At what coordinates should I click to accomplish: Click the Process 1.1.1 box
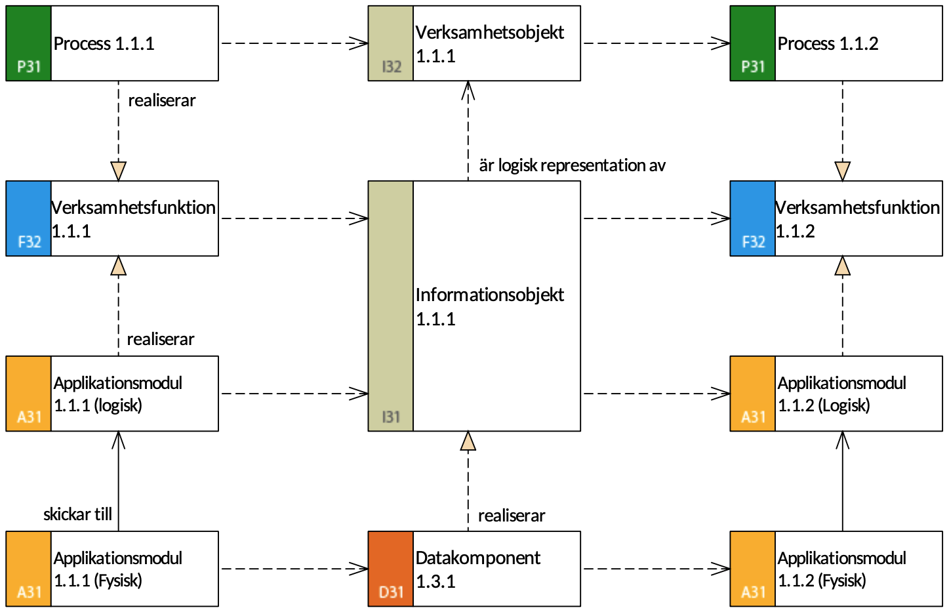[x=112, y=43]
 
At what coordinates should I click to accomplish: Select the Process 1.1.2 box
[x=836, y=43]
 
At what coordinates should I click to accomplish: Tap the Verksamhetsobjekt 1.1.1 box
[x=474, y=43]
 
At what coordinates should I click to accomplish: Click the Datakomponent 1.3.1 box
[x=474, y=569]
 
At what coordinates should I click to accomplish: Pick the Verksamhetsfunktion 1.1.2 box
[x=836, y=218]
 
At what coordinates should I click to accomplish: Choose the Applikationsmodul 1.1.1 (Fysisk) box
[x=112, y=569]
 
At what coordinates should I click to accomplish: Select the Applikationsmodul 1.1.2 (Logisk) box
[x=836, y=394]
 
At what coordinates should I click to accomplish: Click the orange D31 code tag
[x=391, y=592]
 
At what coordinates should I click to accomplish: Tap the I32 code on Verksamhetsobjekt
[x=392, y=66]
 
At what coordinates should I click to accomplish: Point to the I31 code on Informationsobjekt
[x=391, y=417]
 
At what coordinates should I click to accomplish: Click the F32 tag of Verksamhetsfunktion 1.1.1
[x=30, y=241]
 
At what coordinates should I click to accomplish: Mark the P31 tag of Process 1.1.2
[x=753, y=66]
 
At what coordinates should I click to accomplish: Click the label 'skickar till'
[x=77, y=514]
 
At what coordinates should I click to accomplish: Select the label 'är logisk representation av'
[x=573, y=165]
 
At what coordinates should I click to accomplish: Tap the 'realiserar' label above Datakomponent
[x=512, y=516]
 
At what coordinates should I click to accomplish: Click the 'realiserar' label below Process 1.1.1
[x=162, y=100]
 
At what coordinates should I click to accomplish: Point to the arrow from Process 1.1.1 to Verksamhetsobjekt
[x=294, y=43]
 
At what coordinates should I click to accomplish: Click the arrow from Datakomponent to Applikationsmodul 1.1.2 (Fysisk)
[x=656, y=569]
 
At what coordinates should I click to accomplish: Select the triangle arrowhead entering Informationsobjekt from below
[x=468, y=441]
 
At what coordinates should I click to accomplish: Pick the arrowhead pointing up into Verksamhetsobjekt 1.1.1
[x=468, y=91]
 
